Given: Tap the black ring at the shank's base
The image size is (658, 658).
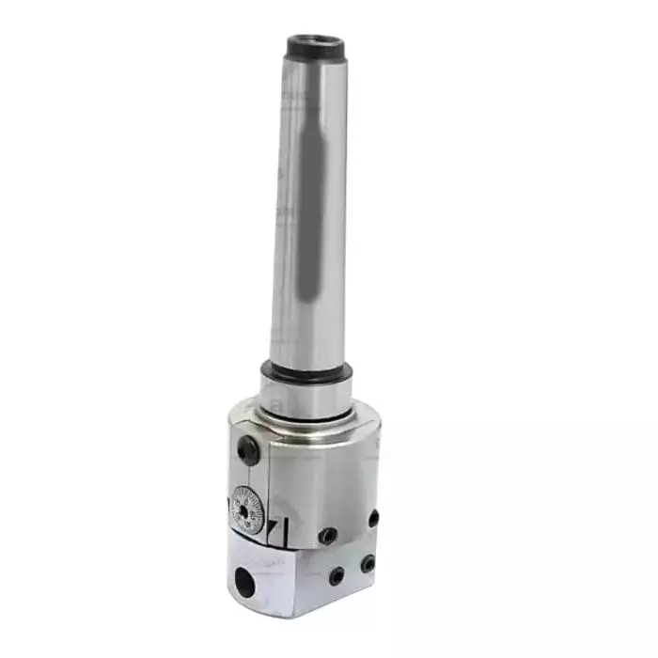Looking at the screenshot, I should pos(307,371).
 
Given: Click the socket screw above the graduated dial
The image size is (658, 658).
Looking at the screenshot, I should pos(247,451).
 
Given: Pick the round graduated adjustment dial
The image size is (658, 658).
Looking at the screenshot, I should pos(247,508).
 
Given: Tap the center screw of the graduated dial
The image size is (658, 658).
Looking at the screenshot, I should pos(247,508).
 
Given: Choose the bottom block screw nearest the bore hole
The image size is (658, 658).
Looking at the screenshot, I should pos(337,576).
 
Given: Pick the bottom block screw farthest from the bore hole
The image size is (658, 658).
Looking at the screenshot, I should pos(368,564).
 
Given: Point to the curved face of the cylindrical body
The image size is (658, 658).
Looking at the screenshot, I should pos(329,470).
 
